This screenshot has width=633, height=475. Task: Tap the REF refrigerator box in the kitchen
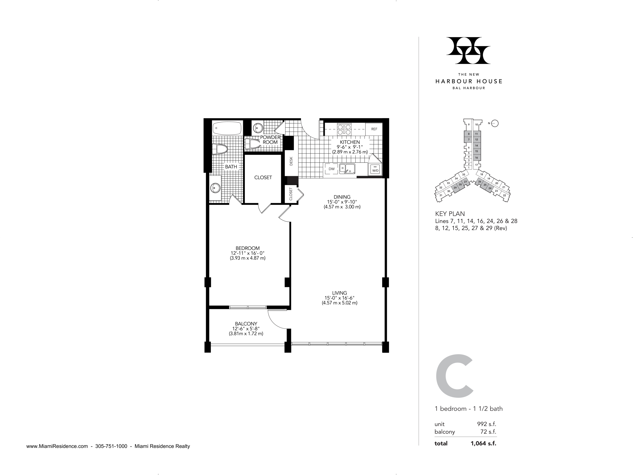[x=374, y=129]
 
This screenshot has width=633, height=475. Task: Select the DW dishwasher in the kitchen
[x=331, y=169]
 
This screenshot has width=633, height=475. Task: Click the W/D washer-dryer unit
[x=375, y=169]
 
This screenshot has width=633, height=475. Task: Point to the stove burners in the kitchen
[x=344, y=129]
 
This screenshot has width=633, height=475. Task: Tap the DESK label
[x=291, y=161]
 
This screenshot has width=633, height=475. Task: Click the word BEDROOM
[x=247, y=248]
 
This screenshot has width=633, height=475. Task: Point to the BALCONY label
[x=246, y=324]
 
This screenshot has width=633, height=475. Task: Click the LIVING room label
[x=339, y=293]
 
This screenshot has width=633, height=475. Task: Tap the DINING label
[x=342, y=197]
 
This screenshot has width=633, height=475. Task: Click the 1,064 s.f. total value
[x=483, y=444]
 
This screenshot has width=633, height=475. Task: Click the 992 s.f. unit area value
[x=486, y=424]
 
